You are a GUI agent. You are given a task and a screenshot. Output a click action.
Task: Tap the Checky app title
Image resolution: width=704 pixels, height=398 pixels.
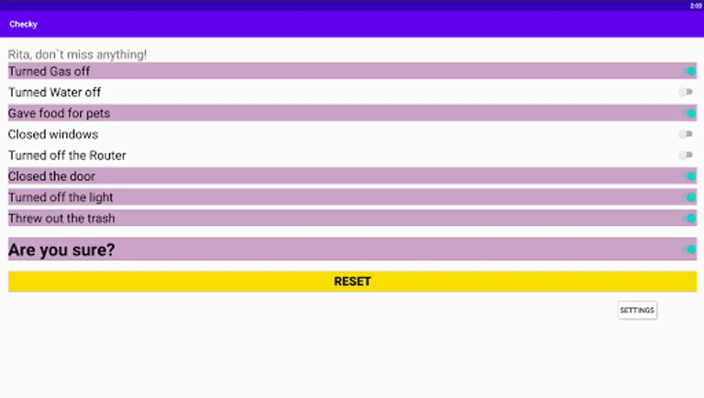(23, 24)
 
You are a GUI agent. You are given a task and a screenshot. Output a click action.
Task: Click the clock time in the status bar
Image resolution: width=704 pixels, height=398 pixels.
(696, 6)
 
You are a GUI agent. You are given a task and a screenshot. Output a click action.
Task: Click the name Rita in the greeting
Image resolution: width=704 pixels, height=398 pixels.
(19, 55)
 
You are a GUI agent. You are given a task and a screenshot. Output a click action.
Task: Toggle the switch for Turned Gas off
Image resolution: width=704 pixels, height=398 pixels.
(688, 72)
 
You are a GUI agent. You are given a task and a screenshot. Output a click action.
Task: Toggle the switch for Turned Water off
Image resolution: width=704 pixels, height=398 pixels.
(685, 92)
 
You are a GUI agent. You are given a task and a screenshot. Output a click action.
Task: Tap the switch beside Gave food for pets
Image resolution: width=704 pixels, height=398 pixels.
(688, 113)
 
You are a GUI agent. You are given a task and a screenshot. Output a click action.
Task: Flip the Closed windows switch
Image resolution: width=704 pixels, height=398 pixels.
(685, 134)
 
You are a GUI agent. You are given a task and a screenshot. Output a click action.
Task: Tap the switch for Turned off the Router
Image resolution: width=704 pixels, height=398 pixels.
(685, 155)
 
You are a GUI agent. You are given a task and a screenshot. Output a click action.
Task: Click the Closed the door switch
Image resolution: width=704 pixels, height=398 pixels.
(688, 176)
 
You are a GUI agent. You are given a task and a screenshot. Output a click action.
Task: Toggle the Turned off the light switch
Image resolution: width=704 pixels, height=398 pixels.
(688, 197)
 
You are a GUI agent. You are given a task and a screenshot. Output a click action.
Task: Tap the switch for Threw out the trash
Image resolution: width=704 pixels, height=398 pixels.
(688, 218)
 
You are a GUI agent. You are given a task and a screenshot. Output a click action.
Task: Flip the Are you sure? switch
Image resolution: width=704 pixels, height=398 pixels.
(688, 249)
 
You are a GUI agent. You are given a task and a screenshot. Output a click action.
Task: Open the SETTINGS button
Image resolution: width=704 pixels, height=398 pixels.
(637, 310)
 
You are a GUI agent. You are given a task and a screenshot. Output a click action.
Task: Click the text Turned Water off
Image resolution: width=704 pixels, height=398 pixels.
(54, 92)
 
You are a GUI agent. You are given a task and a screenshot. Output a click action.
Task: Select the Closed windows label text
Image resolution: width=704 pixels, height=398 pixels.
(53, 135)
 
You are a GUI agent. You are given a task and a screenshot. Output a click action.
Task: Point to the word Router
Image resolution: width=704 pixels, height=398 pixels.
(107, 155)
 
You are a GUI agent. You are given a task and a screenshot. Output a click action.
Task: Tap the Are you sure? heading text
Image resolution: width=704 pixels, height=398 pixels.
(61, 250)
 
